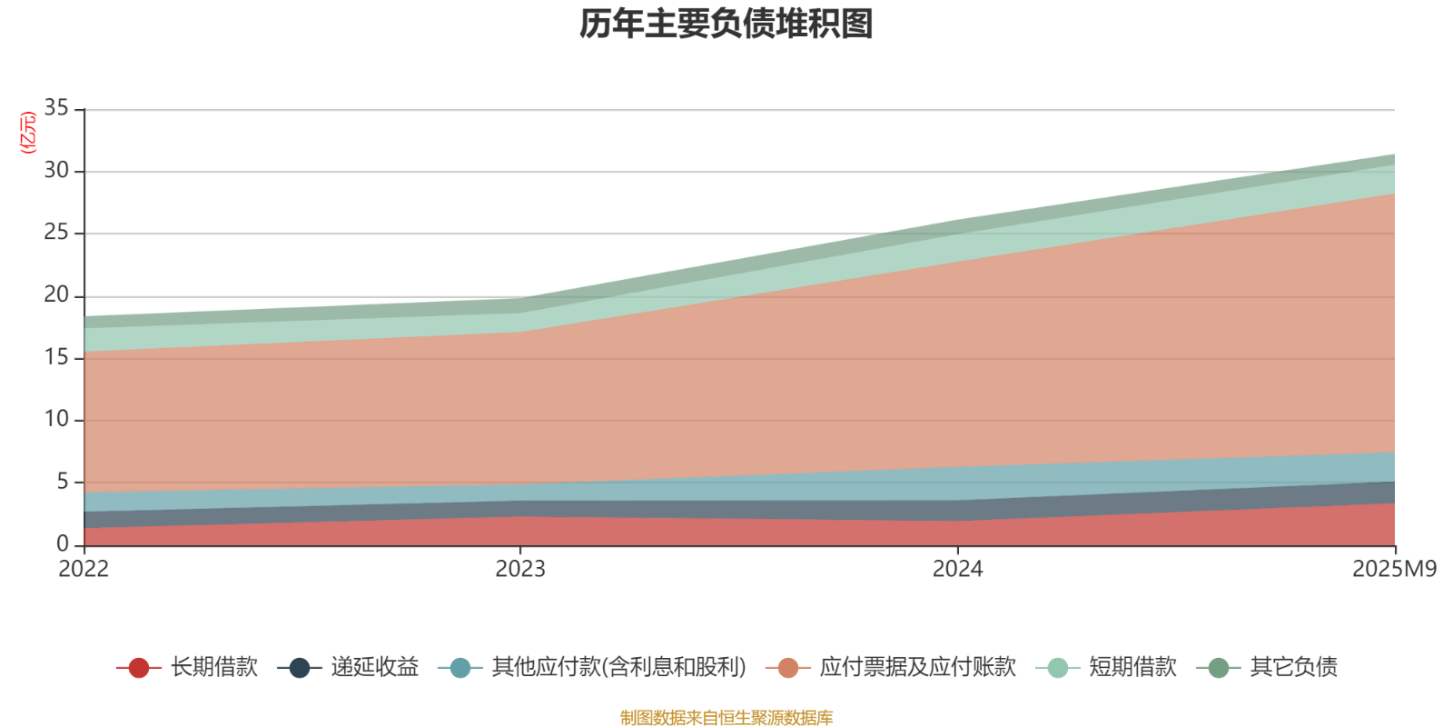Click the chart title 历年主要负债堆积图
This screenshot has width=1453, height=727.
pos(726,25)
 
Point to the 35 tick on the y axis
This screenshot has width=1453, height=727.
pos(56,109)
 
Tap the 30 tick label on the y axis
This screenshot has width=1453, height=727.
pos(56,171)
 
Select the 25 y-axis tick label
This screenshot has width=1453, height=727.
pos(56,233)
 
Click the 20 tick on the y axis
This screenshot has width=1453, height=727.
pos(56,295)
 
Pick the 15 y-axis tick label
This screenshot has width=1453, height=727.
pos(56,357)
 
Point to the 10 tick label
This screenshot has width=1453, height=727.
pos(56,419)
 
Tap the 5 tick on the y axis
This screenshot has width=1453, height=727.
pos(63,482)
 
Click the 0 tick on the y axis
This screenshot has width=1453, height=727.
pos(63,543)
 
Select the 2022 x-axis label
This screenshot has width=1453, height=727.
pos(84,570)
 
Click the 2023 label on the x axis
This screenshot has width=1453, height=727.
pos(520,570)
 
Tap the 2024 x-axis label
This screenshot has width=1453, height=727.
pos(957,570)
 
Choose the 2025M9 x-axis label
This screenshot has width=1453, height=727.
pos(1394,570)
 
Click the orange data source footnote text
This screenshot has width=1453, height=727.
pos(726,718)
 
